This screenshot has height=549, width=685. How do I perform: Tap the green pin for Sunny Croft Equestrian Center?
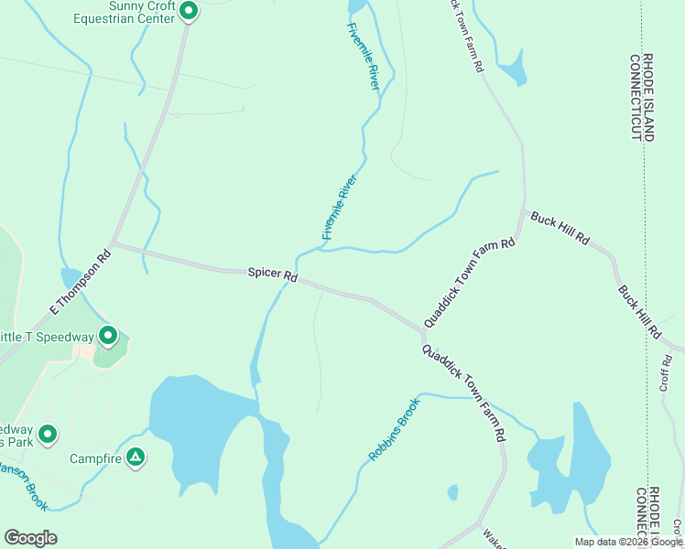[x=189, y=11]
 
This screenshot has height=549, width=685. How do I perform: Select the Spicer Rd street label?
[x=273, y=274]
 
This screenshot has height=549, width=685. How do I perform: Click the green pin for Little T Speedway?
[x=108, y=336]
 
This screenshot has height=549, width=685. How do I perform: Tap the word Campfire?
[x=97, y=456]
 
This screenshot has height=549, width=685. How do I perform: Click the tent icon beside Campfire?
[x=136, y=456]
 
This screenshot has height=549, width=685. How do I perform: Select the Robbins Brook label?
[x=394, y=429]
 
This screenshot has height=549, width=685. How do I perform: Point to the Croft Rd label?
[x=666, y=377]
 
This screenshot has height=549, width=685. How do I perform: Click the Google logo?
[x=30, y=538]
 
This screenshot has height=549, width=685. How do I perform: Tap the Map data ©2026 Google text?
[x=628, y=542]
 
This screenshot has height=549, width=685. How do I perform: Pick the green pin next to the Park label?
[x=47, y=433]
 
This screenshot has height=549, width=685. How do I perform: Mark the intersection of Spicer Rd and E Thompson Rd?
[x=112, y=245]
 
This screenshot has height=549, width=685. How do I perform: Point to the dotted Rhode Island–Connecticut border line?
[x=645, y=274]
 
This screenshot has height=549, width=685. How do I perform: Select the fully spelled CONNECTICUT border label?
[x=636, y=97]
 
